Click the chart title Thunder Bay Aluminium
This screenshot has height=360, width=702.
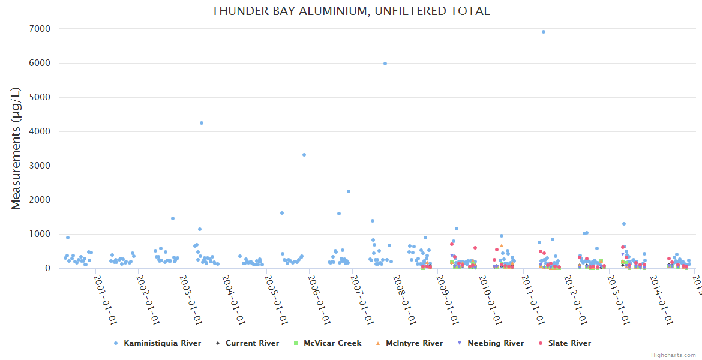click(350, 11)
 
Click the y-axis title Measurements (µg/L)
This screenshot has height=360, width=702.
click(16, 148)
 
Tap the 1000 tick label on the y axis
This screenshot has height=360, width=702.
click(40, 234)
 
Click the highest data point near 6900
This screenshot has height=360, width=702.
click(544, 32)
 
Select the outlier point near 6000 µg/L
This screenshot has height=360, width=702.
click(385, 64)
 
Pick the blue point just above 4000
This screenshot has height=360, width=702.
click(202, 123)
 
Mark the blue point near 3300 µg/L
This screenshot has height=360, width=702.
click(304, 155)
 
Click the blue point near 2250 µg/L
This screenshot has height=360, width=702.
click(349, 191)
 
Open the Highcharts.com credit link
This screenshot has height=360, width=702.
click(673, 355)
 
